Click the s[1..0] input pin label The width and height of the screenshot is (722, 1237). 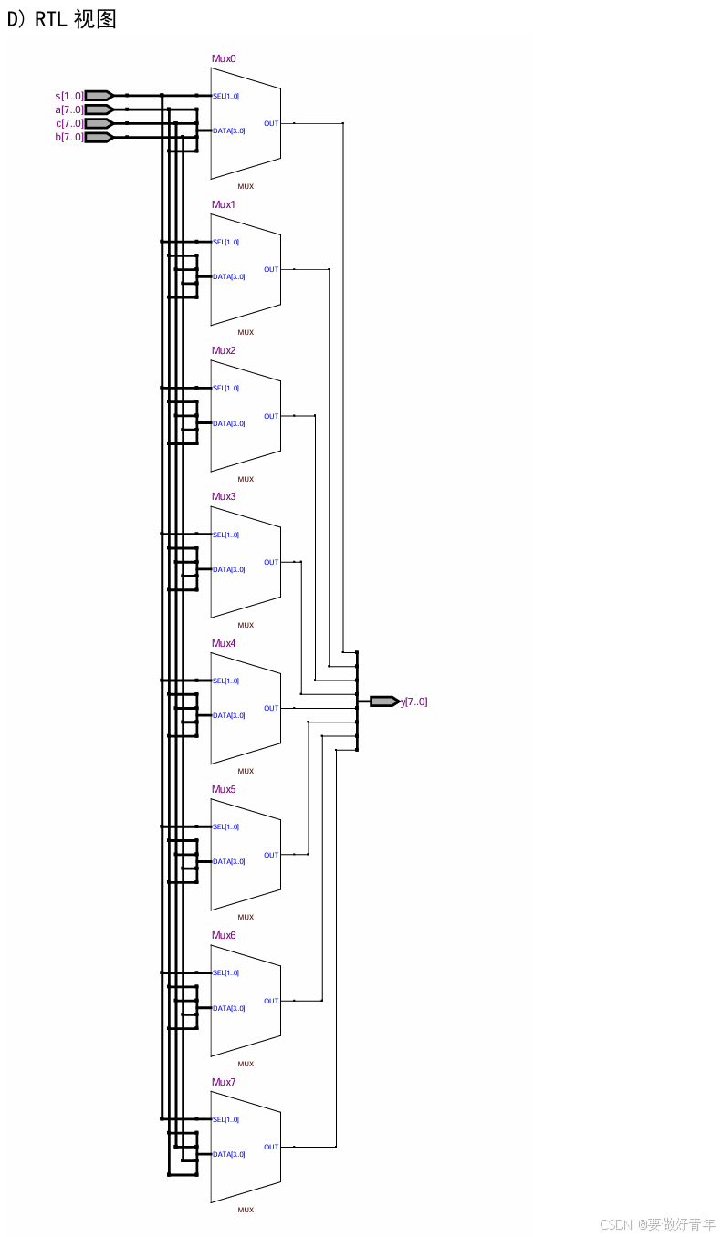point(69,96)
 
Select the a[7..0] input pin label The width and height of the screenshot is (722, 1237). point(69,109)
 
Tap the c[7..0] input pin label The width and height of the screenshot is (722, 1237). point(69,123)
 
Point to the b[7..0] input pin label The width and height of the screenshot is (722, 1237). point(69,137)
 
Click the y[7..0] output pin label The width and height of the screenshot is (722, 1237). point(414,702)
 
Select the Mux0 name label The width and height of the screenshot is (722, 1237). point(224,58)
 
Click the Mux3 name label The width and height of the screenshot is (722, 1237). point(224,496)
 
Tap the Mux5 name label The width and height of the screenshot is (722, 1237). point(224,789)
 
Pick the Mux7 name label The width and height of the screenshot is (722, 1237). point(224,1082)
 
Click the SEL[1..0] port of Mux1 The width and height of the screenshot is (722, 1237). point(225,242)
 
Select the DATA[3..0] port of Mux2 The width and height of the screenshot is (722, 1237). point(228,423)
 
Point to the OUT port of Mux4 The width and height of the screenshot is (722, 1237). point(271,708)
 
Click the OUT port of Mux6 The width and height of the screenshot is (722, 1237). point(271,1001)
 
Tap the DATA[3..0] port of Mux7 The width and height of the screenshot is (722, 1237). point(228,1154)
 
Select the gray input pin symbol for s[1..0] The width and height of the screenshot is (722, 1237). point(99,95)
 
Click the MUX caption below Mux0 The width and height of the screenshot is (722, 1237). point(246,186)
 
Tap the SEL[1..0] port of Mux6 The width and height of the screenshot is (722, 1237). point(225,972)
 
